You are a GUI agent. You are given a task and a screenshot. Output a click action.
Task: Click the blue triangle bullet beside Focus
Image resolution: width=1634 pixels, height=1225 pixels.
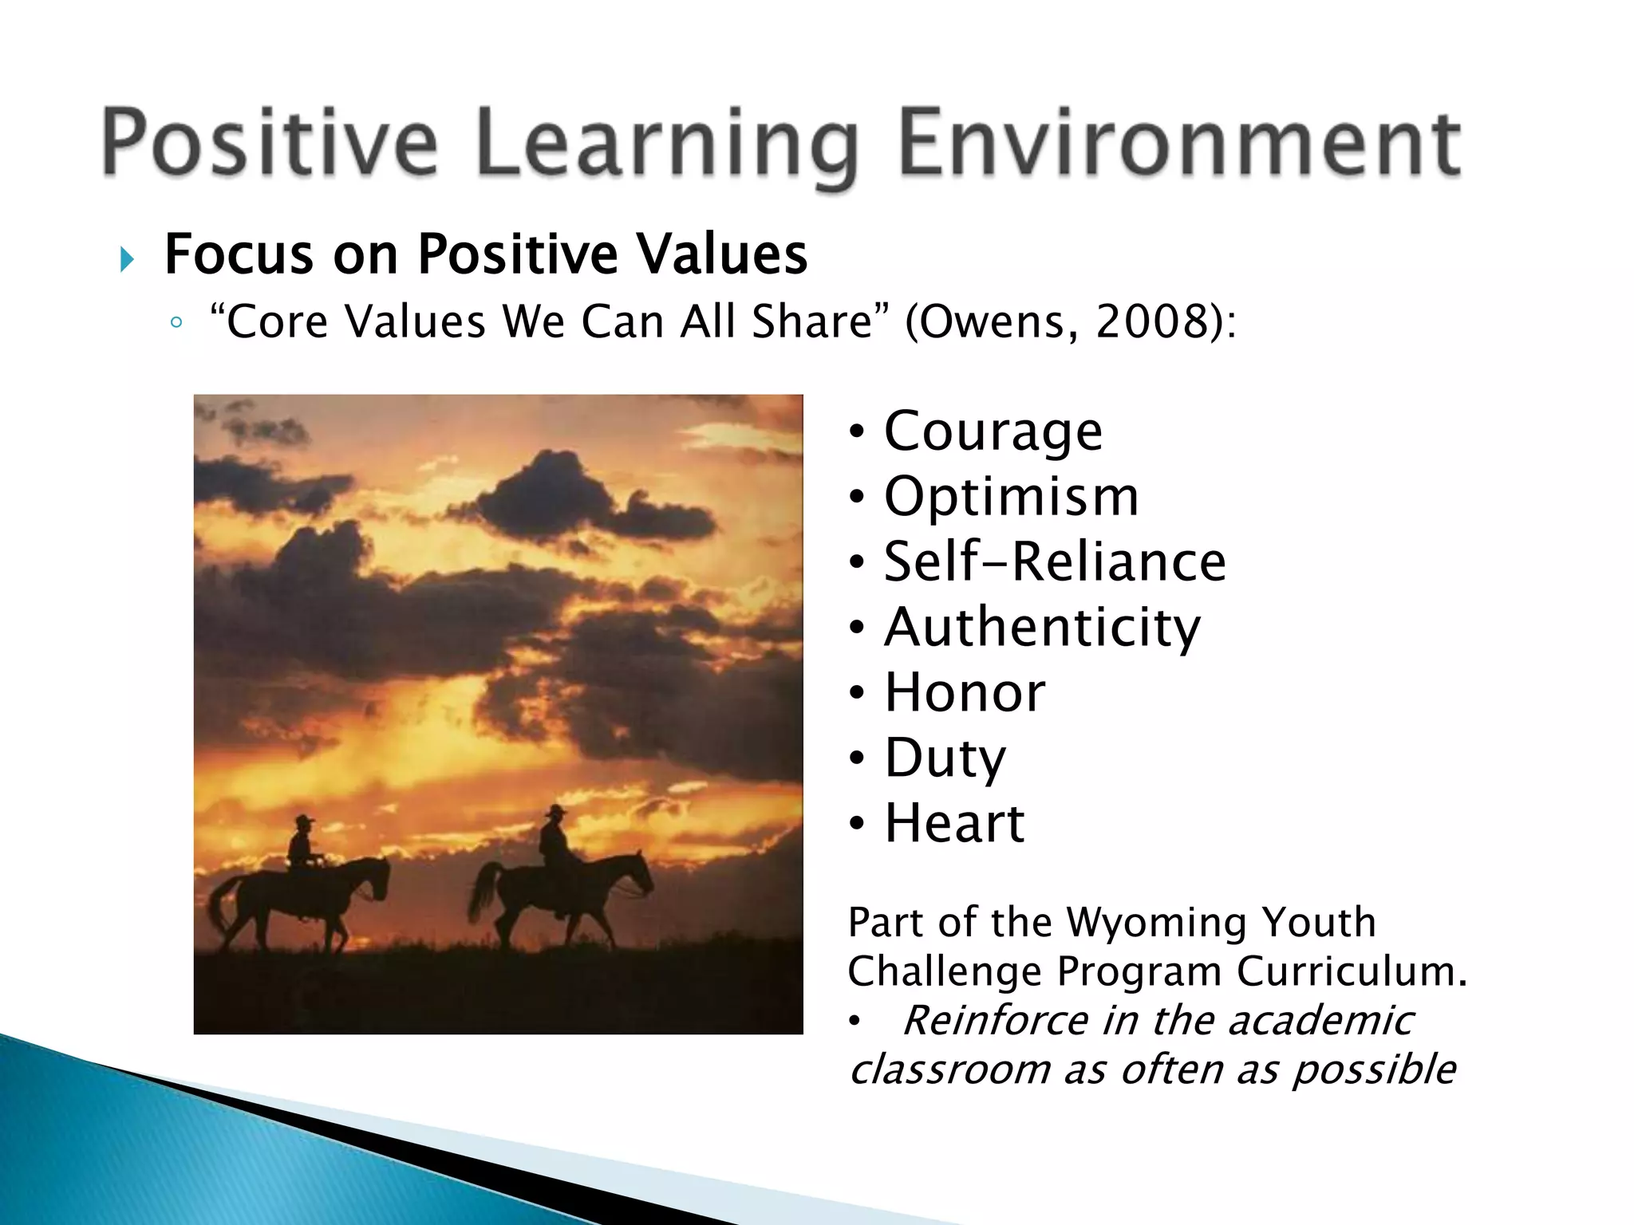click(127, 259)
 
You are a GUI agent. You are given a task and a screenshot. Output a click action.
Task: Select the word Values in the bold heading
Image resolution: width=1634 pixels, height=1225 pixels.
click(722, 255)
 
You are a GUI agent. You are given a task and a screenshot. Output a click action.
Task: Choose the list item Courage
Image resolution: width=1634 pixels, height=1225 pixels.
click(993, 431)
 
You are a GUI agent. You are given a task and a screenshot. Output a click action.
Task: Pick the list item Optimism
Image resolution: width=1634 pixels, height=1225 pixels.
click(1011, 497)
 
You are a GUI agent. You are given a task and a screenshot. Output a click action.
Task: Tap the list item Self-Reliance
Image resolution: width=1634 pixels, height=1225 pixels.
click(1054, 561)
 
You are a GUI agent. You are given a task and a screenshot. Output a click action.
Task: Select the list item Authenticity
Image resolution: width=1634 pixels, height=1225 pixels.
click(1041, 628)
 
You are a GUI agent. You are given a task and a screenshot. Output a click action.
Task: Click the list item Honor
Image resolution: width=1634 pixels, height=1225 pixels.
click(964, 692)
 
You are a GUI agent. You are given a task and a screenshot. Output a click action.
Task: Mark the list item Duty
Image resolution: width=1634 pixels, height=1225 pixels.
click(945, 758)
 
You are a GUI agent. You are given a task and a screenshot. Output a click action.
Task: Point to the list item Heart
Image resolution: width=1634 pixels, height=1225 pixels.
click(954, 823)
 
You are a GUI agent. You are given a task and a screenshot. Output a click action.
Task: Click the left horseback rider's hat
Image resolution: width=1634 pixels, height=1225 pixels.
click(303, 819)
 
